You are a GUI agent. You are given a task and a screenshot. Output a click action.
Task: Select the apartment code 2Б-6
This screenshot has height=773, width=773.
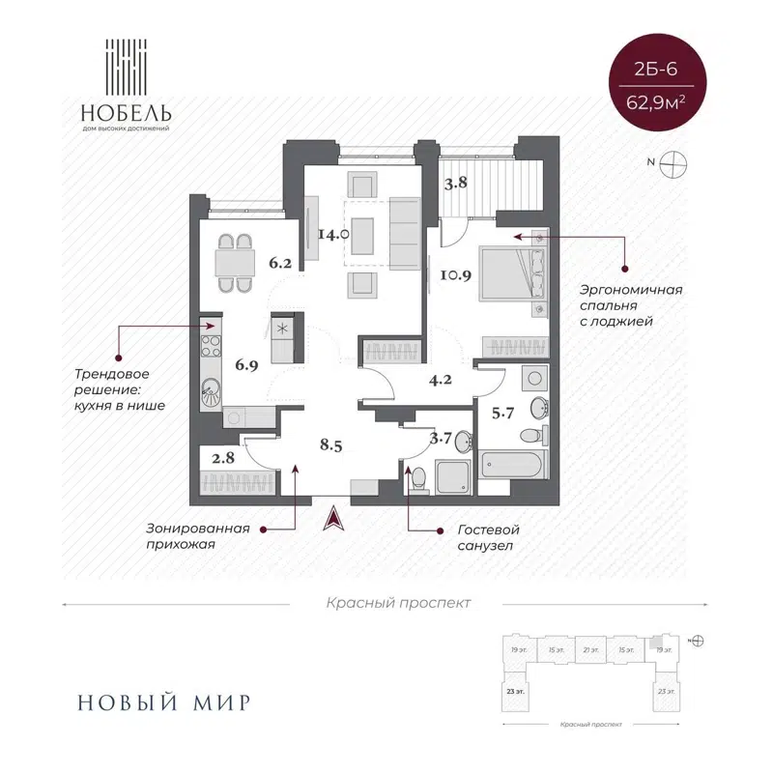(x=663, y=70)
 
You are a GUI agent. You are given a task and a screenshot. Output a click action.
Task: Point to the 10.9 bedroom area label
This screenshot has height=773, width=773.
(x=453, y=274)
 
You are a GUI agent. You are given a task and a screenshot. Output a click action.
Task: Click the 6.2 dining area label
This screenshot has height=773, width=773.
(x=280, y=260)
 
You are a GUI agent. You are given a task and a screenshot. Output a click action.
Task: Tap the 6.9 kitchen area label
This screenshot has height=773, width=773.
(x=246, y=364)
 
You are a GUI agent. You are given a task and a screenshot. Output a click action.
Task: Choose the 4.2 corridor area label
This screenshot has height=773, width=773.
(x=442, y=379)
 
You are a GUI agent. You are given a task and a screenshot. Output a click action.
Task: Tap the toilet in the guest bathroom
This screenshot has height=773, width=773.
(x=417, y=477)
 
